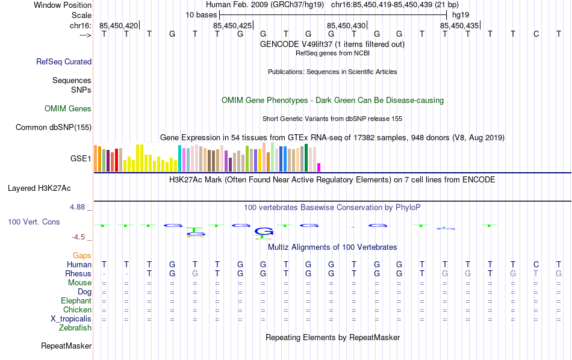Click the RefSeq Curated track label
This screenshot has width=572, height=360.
64,61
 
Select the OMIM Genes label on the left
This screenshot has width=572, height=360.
68,109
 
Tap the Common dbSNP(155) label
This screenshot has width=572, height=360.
54,127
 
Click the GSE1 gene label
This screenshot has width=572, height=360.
81,159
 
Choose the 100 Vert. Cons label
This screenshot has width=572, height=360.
34,222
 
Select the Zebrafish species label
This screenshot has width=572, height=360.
75,328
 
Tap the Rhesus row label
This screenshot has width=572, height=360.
78,274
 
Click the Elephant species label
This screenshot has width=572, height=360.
76,301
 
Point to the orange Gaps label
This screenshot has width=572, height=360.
82,256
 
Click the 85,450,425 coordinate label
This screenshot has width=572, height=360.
232,25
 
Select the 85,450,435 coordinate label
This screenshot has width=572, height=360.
459,25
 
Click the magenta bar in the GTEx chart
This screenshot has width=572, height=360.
319,167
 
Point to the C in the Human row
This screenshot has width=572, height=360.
536,264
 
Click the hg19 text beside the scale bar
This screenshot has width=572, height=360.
461,14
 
